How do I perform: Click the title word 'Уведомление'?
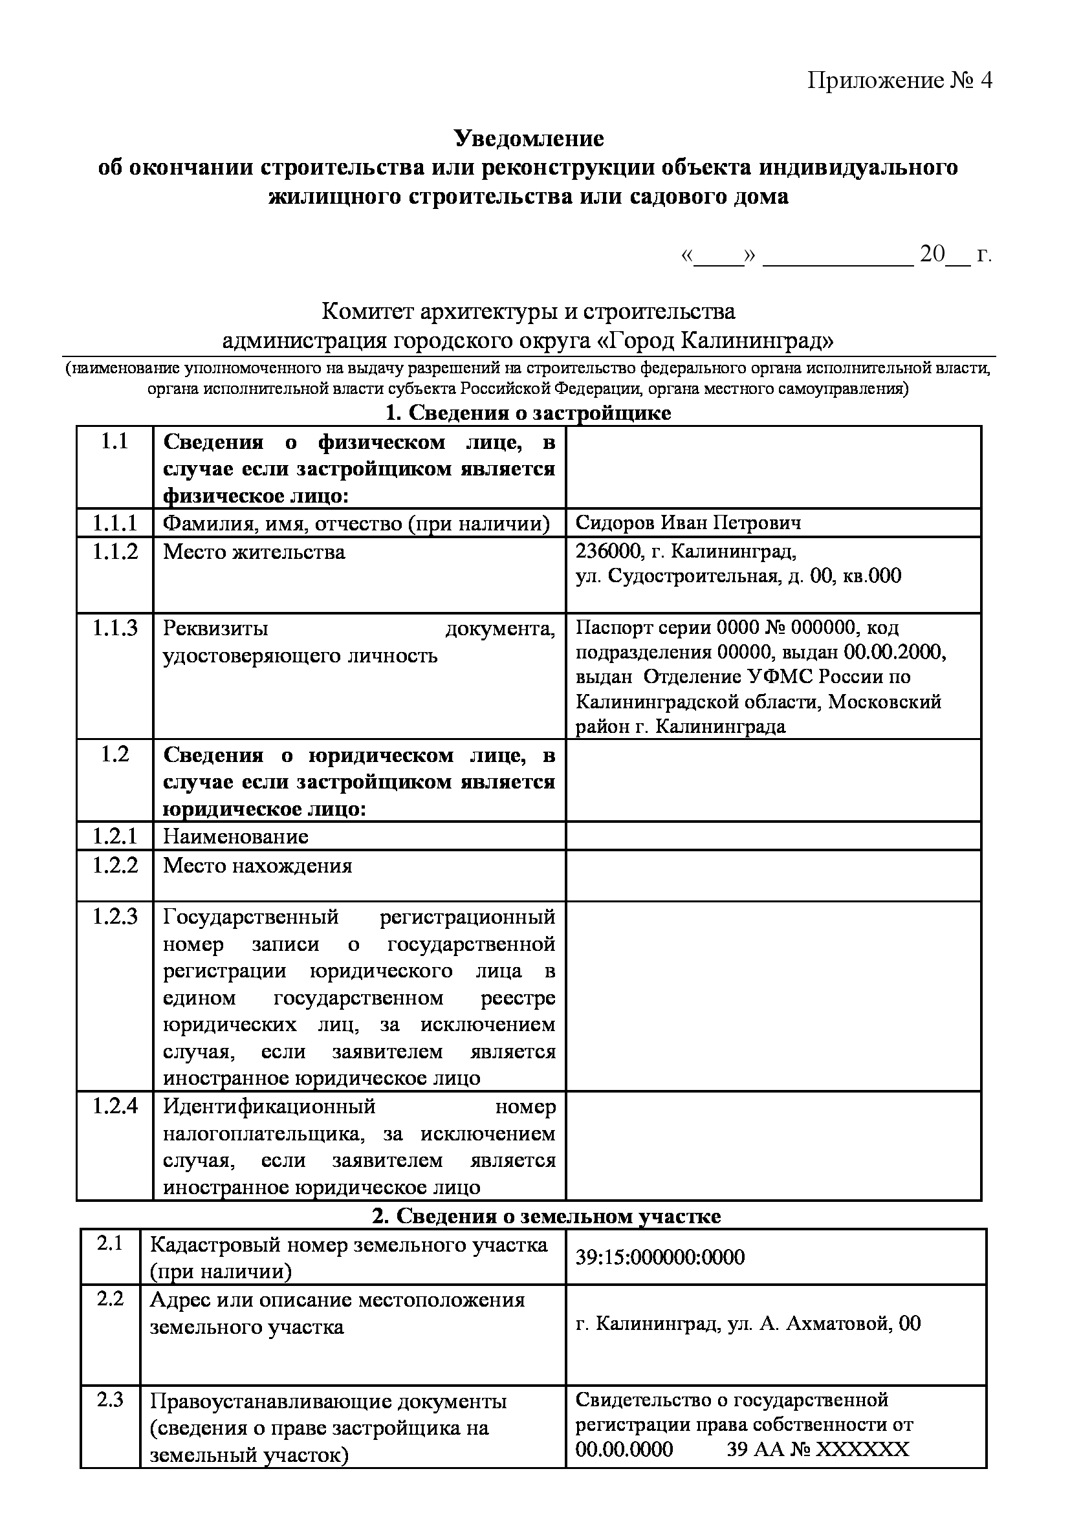click(x=529, y=138)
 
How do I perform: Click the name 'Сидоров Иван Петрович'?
click(x=688, y=523)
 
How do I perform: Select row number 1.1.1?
click(x=115, y=523)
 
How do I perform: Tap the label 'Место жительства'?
click(x=254, y=552)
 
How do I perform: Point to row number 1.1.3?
click(x=115, y=628)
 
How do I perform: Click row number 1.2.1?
click(x=115, y=836)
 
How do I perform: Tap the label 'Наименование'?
click(x=235, y=836)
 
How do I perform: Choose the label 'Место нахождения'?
click(x=257, y=865)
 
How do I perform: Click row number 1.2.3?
click(x=115, y=917)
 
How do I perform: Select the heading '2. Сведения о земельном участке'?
click(x=546, y=1216)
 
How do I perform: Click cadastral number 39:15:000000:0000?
click(x=661, y=1257)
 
